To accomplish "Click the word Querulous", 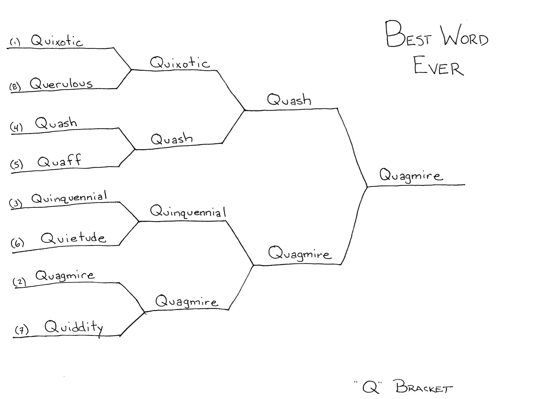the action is (61, 83).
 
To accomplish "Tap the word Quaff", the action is (59, 161).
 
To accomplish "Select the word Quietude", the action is (73, 238).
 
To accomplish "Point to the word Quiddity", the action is (74, 327).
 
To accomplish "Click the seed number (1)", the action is (15, 42).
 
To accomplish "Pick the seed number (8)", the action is (15, 87).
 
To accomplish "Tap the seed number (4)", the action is (16, 127).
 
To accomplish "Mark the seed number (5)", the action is (17, 164).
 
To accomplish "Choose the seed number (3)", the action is (16, 203).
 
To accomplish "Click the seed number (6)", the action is (17, 243).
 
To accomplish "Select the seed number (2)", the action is (19, 282).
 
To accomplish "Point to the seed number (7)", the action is (22, 330).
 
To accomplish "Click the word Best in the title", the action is (408, 35).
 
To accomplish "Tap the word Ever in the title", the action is (438, 66).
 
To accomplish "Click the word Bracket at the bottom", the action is (424, 387).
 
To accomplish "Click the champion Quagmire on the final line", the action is (411, 176).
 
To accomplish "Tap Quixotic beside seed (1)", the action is (57, 41).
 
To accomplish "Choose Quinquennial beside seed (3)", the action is (69, 198).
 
